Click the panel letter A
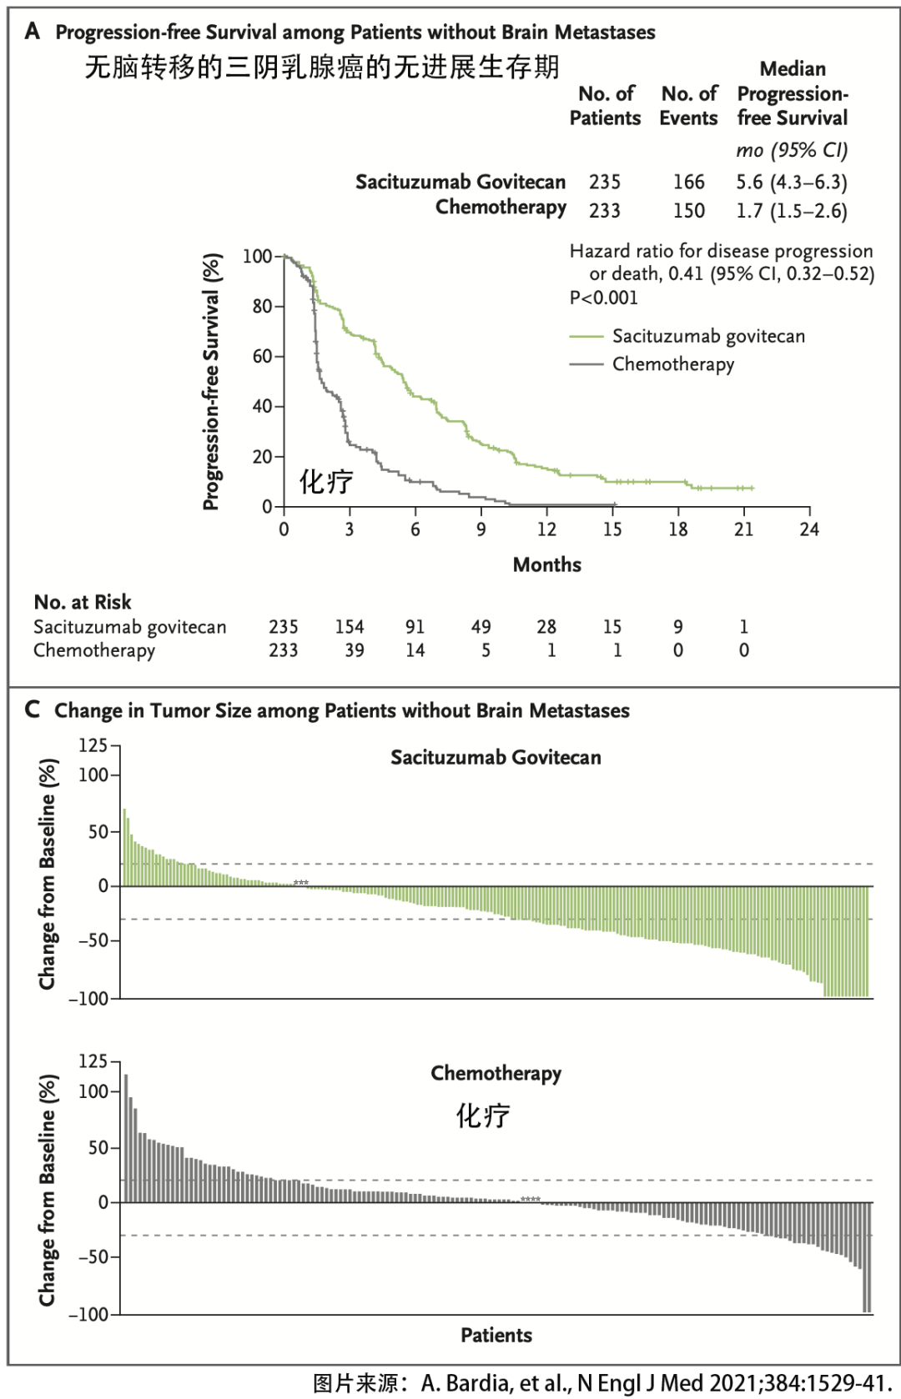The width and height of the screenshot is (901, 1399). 33,32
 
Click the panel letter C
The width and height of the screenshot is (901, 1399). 33,710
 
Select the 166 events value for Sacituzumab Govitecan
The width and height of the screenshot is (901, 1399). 689,182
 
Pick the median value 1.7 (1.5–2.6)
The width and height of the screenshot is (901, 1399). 791,210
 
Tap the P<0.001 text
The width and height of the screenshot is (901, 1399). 603,298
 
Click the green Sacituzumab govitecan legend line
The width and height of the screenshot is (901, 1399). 586,336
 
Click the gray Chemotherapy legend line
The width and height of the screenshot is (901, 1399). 586,364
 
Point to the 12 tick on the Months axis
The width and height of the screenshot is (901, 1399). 546,529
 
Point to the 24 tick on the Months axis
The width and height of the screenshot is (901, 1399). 808,529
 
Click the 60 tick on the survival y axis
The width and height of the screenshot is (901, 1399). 263,356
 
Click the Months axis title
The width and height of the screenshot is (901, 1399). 546,564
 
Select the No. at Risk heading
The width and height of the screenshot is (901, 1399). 83,602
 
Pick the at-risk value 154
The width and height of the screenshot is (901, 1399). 350,626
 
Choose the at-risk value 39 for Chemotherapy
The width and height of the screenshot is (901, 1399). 355,650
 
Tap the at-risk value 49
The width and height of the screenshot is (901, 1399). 481,626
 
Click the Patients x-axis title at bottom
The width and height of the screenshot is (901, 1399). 496,1335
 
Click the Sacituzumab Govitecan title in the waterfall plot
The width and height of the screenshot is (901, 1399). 496,757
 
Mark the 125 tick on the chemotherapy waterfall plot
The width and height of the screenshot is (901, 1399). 93,1061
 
